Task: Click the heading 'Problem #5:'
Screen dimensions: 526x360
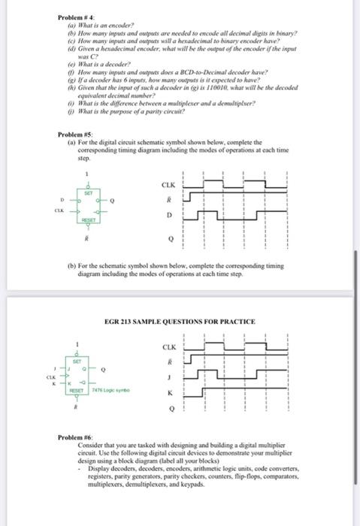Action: point(74,135)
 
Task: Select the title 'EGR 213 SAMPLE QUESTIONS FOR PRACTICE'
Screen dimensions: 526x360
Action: point(180,321)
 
